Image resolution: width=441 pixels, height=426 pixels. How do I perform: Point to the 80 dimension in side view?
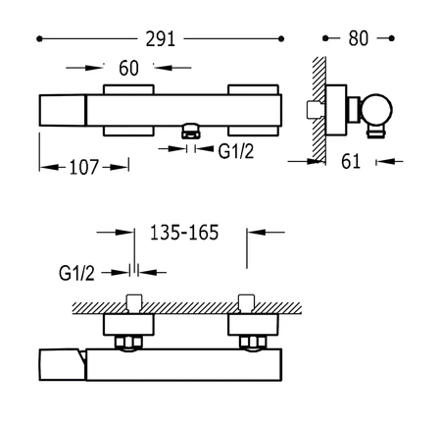pos(358,40)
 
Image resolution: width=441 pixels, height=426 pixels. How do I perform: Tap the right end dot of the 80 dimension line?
pos(393,40)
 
